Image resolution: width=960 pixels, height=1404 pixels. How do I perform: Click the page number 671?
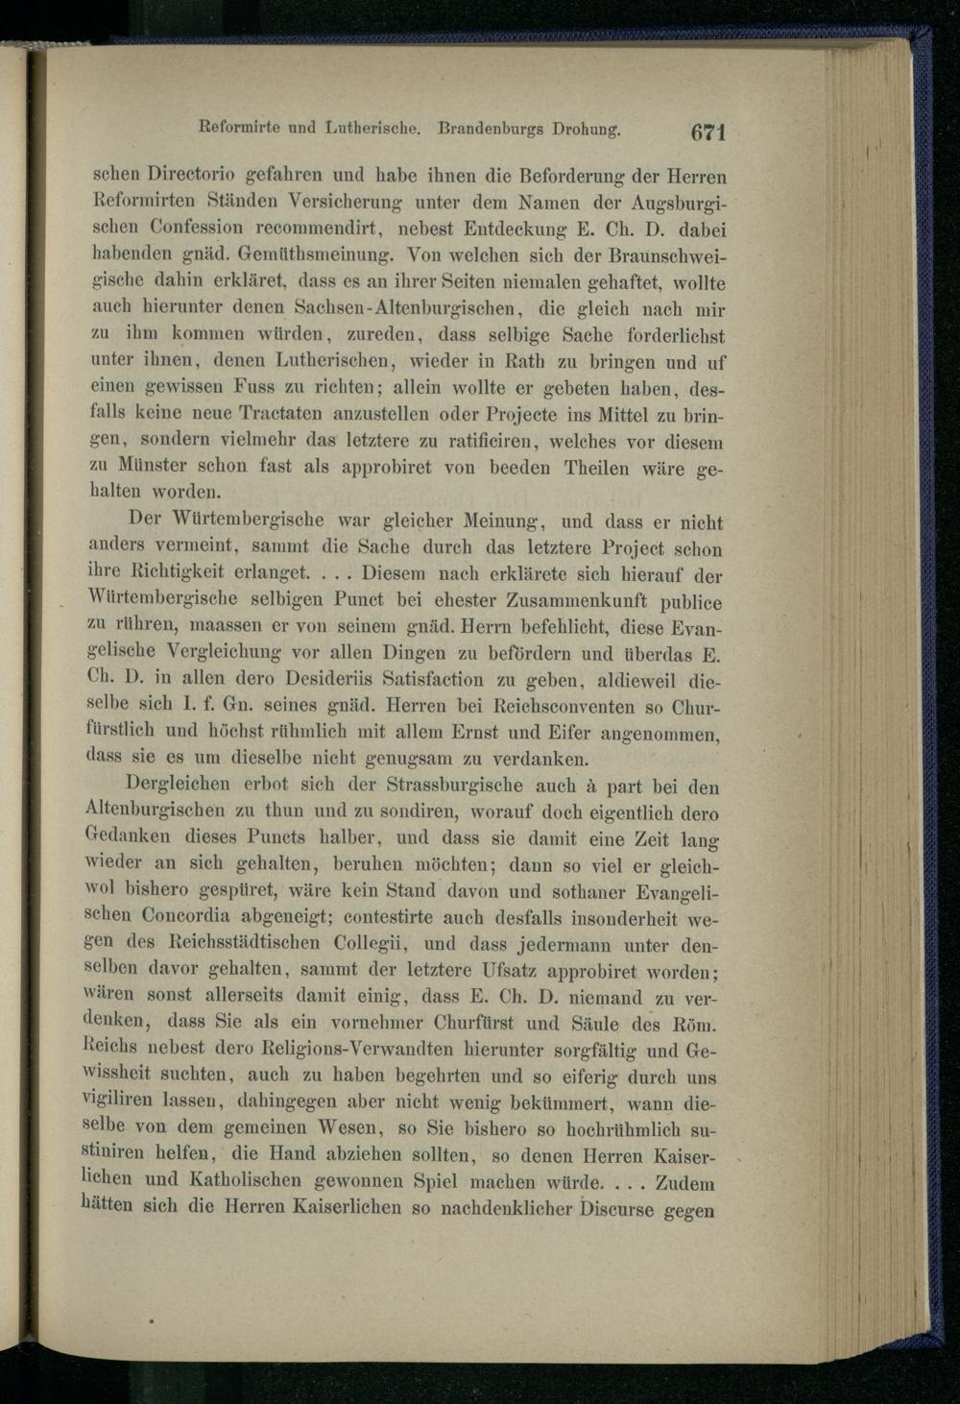706,132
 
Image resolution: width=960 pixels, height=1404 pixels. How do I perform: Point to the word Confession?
196,228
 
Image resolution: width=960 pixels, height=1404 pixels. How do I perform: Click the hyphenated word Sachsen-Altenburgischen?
393,309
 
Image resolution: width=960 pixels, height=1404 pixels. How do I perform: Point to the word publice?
691,603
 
